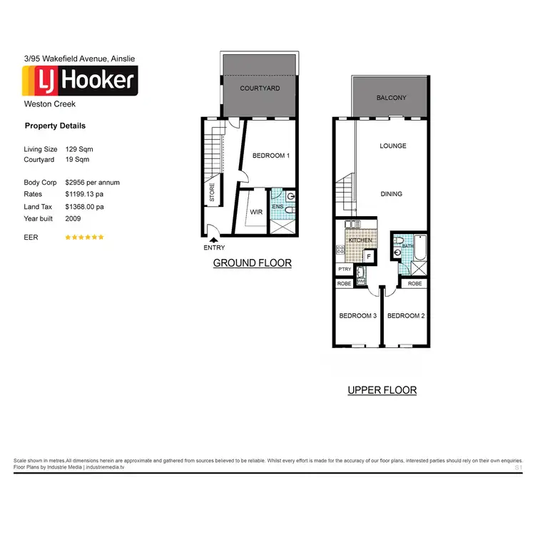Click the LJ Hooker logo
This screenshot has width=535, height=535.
80,81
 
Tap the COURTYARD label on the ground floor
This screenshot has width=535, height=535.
260,88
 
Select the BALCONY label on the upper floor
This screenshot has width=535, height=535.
391,98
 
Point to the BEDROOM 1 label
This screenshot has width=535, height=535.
271,156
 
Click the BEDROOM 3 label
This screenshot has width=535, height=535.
357,316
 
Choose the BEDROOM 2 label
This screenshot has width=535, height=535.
406,316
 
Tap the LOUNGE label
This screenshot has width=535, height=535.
392,146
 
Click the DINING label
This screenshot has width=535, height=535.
391,194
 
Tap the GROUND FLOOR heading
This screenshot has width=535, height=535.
253,263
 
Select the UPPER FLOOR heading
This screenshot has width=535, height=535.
382,390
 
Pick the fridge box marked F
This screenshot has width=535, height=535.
368,257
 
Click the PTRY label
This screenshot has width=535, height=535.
345,270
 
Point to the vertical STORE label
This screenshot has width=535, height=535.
212,192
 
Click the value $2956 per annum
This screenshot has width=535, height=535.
92,183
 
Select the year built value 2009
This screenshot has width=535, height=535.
73,219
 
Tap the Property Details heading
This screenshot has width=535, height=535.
55,126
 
